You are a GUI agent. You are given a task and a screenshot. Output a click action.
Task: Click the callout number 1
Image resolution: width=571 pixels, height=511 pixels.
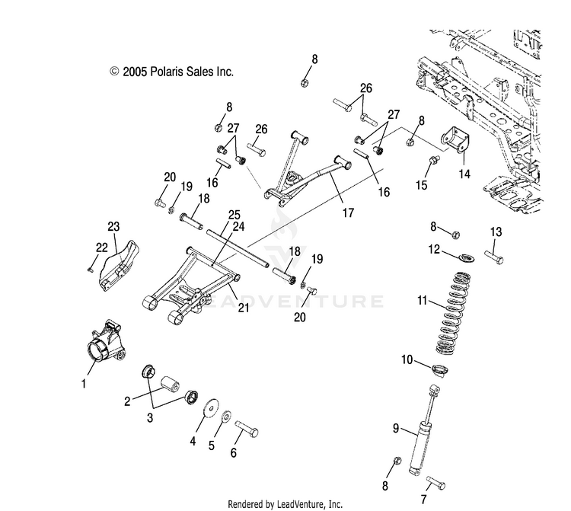(x=84, y=385)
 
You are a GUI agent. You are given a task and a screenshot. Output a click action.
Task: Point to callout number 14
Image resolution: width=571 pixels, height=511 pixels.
(x=464, y=174)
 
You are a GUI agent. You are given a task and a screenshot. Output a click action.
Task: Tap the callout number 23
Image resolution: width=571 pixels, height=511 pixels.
(x=113, y=226)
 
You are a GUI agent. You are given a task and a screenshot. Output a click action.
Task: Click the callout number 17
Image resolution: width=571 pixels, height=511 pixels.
(x=347, y=214)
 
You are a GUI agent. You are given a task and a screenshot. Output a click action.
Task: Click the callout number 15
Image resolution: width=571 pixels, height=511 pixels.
(x=422, y=186)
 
